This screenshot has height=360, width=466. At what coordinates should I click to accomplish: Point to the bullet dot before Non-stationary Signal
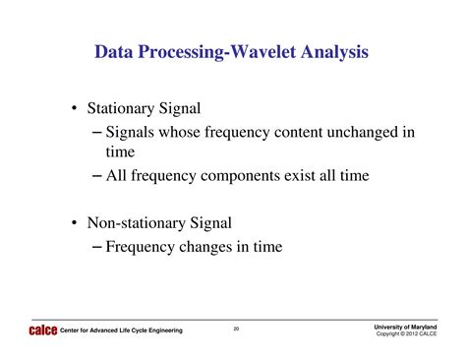[x=75, y=223]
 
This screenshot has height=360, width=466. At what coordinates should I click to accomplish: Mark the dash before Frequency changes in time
[x=96, y=247]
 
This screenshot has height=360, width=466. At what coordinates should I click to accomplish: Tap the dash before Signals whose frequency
[x=96, y=131]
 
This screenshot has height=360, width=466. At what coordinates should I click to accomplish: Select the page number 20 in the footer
[x=236, y=329]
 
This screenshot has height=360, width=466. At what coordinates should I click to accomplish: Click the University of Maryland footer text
[x=405, y=326]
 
